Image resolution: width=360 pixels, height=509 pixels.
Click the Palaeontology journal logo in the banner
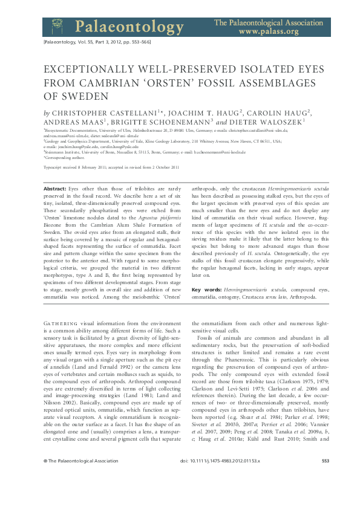click(113, 26)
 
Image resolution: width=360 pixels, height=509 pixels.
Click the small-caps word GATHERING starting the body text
click(61, 324)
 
